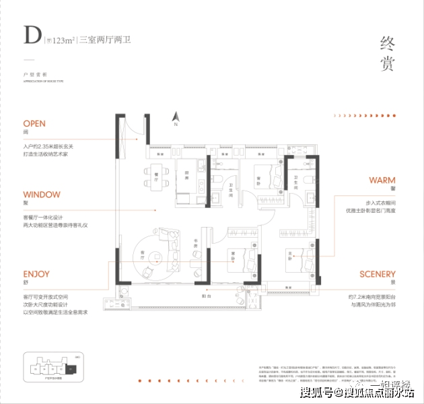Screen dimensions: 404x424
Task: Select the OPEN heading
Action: (x=34, y=124)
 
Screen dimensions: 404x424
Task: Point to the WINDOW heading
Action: (x=42, y=195)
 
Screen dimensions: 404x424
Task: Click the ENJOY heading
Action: (x=36, y=274)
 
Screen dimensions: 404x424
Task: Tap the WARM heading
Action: (x=382, y=180)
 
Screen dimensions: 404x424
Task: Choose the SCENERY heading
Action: (x=377, y=274)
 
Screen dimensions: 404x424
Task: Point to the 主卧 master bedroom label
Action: (x=291, y=255)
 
